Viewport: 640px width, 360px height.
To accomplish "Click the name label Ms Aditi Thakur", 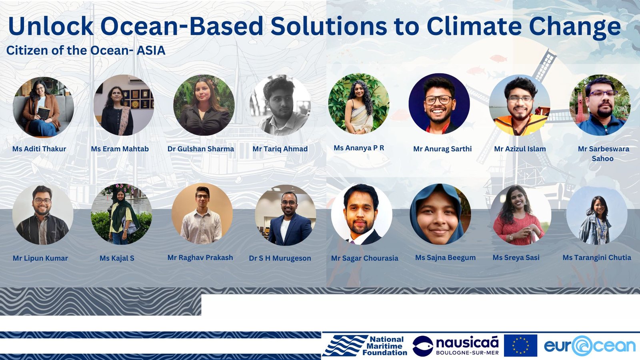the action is [x=39, y=149].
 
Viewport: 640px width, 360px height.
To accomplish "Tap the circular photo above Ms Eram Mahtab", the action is [x=124, y=105].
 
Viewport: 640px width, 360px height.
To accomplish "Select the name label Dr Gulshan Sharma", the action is [x=200, y=149].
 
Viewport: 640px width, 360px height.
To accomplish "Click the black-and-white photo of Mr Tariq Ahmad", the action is [x=280, y=105].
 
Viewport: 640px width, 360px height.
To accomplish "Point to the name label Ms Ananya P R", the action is [x=359, y=148].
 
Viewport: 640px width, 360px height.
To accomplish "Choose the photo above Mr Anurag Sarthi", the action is [x=439, y=104].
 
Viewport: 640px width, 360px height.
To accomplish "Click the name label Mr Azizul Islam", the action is [x=520, y=149].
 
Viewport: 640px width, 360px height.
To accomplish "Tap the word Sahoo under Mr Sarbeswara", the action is [x=602, y=158].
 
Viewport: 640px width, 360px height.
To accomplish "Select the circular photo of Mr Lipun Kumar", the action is [x=43, y=214].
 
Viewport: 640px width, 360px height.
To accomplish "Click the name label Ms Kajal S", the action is [x=117, y=258].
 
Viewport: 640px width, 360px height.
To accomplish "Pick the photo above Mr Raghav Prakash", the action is [x=202, y=214].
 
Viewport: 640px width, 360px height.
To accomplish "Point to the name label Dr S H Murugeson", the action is [x=280, y=258].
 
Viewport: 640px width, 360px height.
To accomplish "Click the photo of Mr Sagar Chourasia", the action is [x=362, y=214].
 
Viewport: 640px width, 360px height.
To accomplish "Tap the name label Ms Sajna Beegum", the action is [x=446, y=258].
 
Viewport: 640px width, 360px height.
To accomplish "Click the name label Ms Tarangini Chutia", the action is [x=597, y=258].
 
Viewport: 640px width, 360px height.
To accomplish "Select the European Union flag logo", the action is [x=520, y=346].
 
